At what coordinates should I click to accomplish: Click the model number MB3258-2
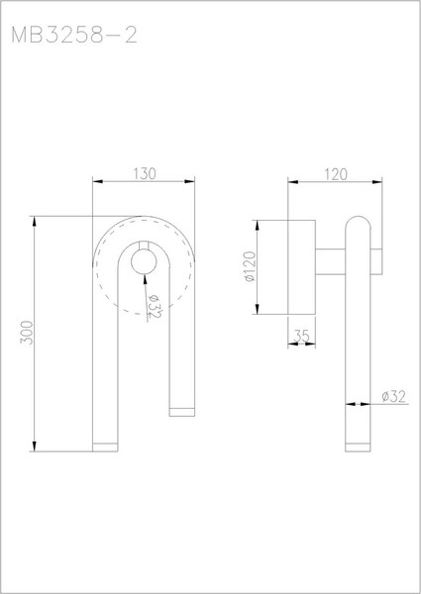pos(73,38)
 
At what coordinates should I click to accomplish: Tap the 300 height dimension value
pos(27,332)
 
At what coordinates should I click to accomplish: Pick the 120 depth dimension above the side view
pos(335,174)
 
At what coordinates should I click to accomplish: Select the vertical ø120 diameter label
pos(250,266)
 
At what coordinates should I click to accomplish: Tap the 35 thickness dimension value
pos(302,337)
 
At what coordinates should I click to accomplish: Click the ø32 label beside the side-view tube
pos(394,397)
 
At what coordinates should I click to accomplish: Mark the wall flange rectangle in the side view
pos(302,266)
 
